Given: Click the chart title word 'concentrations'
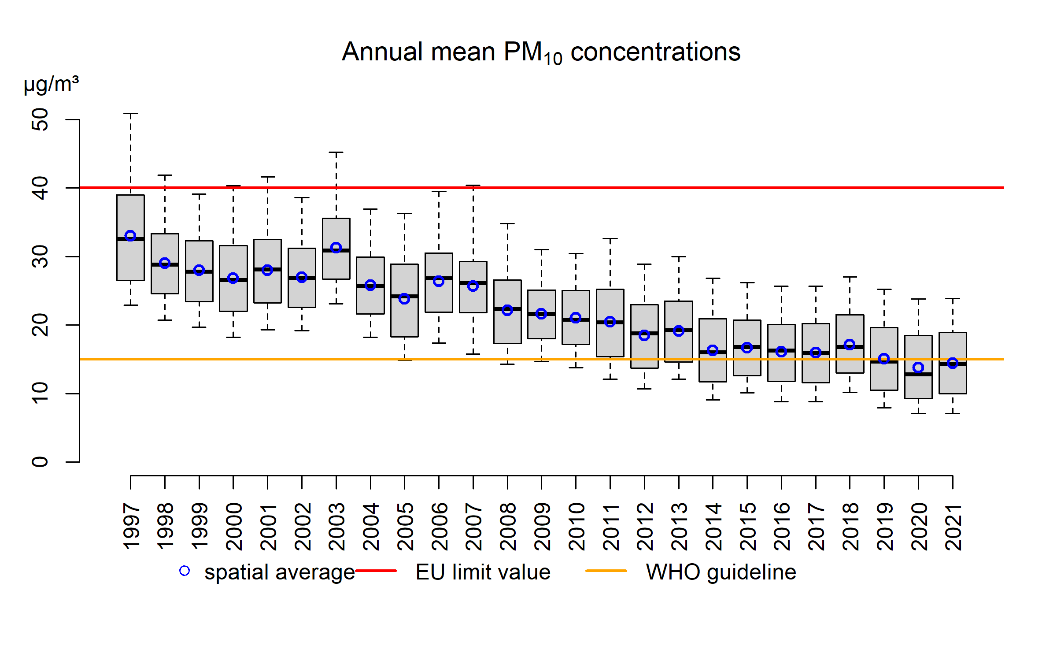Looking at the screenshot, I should [x=655, y=52].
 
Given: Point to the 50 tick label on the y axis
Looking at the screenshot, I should [x=41, y=119].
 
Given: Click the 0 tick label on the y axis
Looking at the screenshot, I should [x=41, y=462].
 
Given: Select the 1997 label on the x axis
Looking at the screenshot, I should [x=132, y=527].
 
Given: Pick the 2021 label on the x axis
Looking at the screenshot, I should [x=954, y=527].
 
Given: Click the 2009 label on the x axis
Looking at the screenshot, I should [x=542, y=527].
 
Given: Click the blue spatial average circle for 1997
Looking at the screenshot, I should [x=130, y=236].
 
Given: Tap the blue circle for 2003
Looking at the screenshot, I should [x=336, y=248].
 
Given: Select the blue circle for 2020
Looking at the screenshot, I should [x=918, y=368].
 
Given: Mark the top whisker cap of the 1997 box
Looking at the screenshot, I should [x=130, y=114].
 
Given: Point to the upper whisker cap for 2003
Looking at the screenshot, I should [x=336, y=152].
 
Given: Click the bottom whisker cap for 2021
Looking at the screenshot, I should [x=953, y=413].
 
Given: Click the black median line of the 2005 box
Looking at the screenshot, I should [x=404, y=296].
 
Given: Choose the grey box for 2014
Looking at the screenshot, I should [x=713, y=335].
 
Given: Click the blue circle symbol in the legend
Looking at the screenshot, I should [x=185, y=571].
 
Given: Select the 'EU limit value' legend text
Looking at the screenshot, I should [x=483, y=572].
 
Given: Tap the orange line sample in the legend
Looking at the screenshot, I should [x=606, y=571].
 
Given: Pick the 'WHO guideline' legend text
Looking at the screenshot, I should [x=721, y=572].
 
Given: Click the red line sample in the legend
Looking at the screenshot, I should [x=376, y=571].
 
